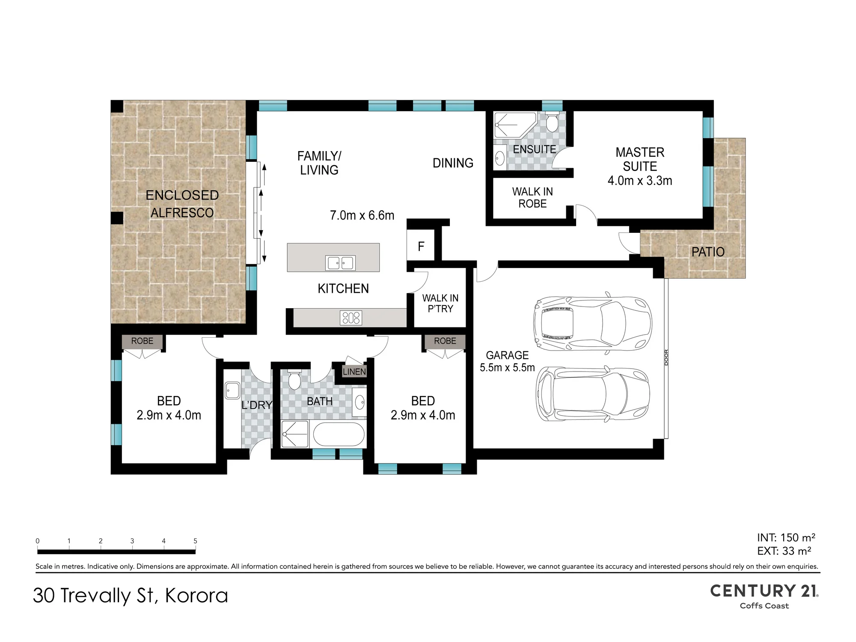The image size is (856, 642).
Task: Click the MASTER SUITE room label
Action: (x=640, y=159)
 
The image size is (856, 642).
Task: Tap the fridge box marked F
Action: (x=421, y=246)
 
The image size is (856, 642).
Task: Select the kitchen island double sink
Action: (x=341, y=263)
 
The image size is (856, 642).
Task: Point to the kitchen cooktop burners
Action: (x=351, y=318)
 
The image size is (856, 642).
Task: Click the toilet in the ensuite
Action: (x=552, y=122)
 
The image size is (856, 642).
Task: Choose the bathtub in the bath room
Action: (x=339, y=434)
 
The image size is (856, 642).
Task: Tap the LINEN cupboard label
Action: (x=354, y=372)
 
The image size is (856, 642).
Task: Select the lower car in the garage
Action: (x=593, y=394)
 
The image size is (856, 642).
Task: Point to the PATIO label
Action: (x=708, y=252)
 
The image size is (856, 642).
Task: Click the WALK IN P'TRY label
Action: (x=440, y=303)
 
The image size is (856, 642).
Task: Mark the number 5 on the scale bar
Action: (x=195, y=541)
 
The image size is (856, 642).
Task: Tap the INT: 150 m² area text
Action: (x=786, y=538)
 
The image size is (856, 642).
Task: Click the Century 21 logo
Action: (x=764, y=596)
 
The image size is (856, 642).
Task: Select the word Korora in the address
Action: (x=196, y=595)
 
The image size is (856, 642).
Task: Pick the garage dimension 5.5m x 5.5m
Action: (x=507, y=367)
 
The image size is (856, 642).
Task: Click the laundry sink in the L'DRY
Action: (x=232, y=390)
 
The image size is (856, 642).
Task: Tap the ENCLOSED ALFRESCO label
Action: (x=182, y=204)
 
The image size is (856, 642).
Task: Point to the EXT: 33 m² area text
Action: (x=784, y=551)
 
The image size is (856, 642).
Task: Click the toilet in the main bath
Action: (x=294, y=380)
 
